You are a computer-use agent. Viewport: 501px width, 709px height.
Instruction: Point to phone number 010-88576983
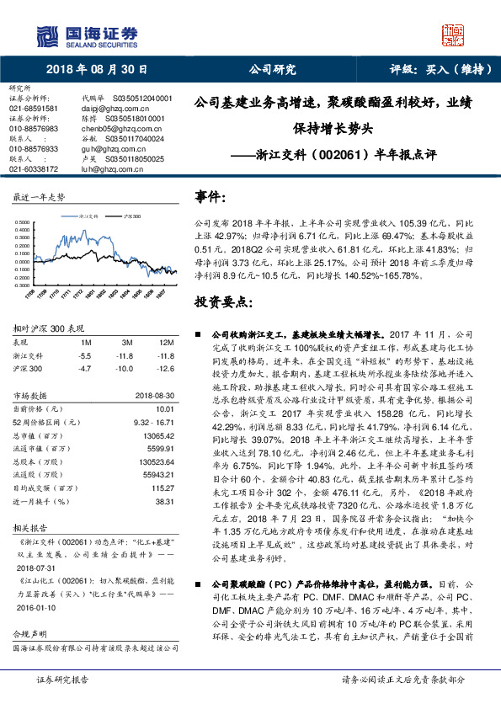(34, 129)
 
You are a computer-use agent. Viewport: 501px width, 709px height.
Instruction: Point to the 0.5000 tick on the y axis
(22, 224)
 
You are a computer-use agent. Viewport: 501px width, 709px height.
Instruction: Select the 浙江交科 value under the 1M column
(84, 333)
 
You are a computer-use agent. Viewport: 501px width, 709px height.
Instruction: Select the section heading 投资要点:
(221, 301)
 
